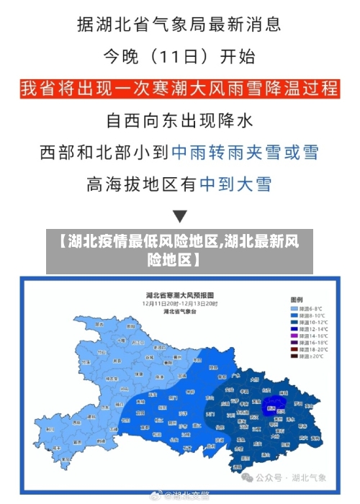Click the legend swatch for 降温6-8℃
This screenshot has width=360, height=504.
click(x=294, y=308)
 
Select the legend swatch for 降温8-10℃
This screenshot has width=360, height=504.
click(x=294, y=315)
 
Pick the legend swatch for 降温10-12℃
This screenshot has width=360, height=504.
click(x=294, y=322)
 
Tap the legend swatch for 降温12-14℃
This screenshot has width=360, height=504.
click(x=294, y=329)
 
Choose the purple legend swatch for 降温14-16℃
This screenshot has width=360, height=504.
click(x=294, y=336)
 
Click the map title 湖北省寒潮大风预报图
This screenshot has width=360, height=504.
click(x=179, y=295)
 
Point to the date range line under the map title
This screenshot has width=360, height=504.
click(x=179, y=304)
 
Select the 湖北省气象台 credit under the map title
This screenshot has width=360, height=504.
click(x=179, y=312)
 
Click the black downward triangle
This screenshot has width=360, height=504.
click(x=180, y=215)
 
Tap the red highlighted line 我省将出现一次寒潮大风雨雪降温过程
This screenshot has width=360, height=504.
click(x=180, y=89)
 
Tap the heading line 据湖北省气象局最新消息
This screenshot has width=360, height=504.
click(x=180, y=25)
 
